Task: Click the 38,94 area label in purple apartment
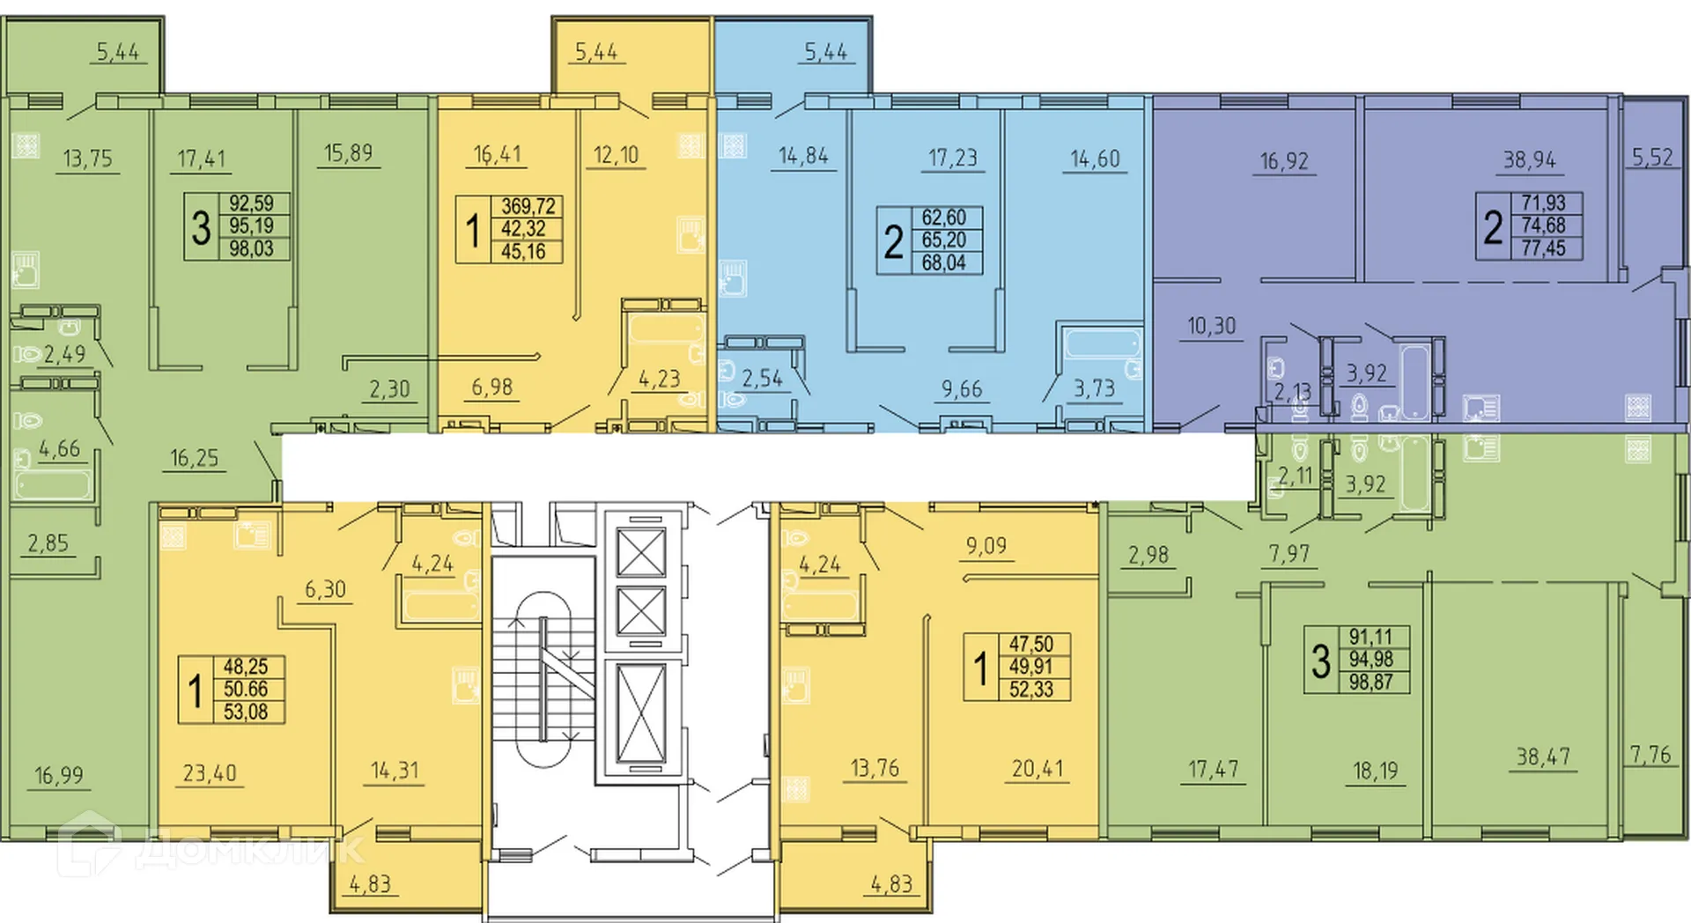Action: pyautogui.click(x=1529, y=160)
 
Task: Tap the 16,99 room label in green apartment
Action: pyautogui.click(x=59, y=776)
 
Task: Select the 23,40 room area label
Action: pyautogui.click(x=210, y=773)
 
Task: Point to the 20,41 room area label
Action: pyautogui.click(x=1037, y=769)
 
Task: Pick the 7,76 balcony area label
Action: pyautogui.click(x=1650, y=755)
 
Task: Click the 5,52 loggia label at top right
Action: pyautogui.click(x=1651, y=158)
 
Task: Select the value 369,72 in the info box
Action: pyautogui.click(x=528, y=207)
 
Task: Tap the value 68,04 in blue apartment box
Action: pyautogui.click(x=943, y=262)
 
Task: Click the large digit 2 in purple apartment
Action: pyautogui.click(x=1493, y=227)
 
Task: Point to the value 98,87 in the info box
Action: pyautogui.click(x=1370, y=682)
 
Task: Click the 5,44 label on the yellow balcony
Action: pyautogui.click(x=596, y=53)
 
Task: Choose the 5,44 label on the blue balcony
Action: pyautogui.click(x=825, y=53)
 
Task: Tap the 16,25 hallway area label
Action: pyautogui.click(x=194, y=459)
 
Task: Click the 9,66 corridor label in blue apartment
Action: pyautogui.click(x=961, y=389)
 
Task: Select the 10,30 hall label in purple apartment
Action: pyautogui.click(x=1211, y=327)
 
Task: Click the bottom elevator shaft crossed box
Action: pyautogui.click(x=640, y=713)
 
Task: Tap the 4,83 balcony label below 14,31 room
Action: pyautogui.click(x=370, y=883)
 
